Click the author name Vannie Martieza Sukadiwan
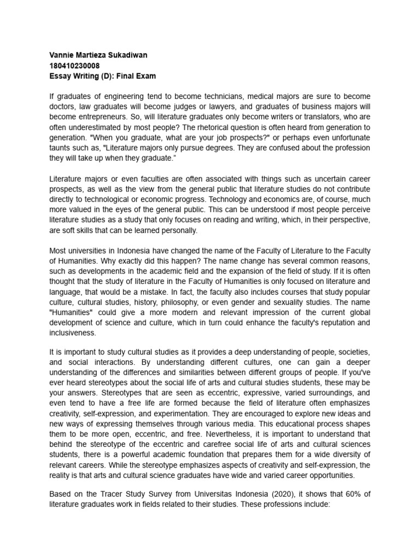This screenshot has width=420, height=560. [98, 55]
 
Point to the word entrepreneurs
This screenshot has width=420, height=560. [103, 118]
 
